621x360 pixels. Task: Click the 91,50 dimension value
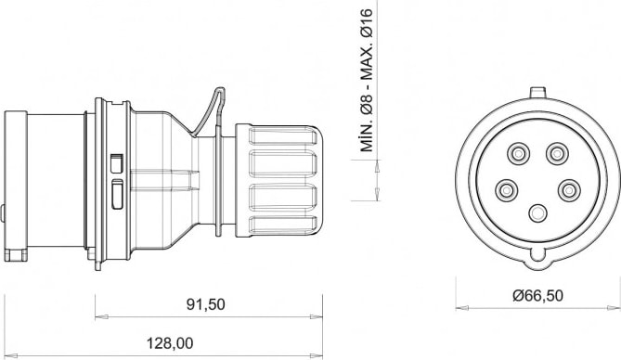point(205,304)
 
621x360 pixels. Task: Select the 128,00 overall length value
point(170,343)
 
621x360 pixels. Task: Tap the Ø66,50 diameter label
point(537,295)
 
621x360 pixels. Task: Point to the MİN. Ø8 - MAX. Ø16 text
point(367,81)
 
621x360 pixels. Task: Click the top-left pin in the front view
point(518,153)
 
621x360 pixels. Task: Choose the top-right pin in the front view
point(557,153)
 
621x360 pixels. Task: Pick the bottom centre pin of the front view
point(537,213)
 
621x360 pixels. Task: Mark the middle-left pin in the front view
point(506,191)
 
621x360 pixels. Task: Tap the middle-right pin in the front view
point(570,191)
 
